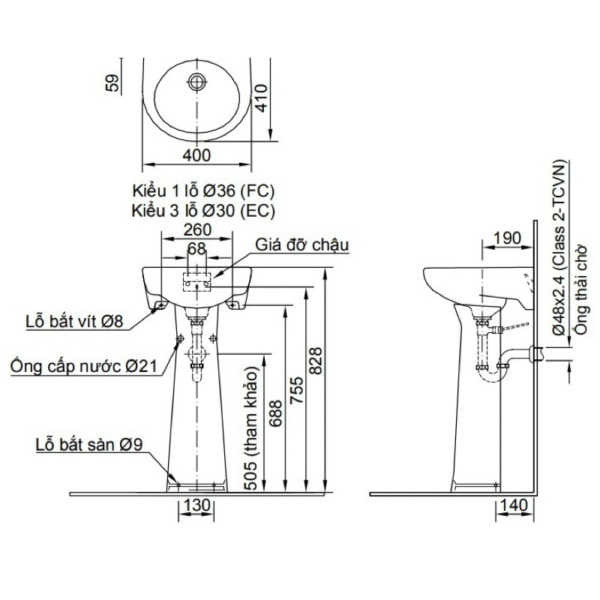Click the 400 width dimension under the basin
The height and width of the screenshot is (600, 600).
pyautogui.click(x=196, y=155)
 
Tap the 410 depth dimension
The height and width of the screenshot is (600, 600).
pyautogui.click(x=261, y=98)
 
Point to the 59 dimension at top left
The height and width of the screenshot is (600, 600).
pyautogui.click(x=112, y=83)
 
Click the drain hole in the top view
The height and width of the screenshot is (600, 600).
pyautogui.click(x=197, y=81)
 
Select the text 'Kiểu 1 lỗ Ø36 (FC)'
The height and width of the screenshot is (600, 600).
pyautogui.click(x=203, y=190)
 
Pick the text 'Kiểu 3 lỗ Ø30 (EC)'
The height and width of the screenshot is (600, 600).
pyautogui.click(x=203, y=211)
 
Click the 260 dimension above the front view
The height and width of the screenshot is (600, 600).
pyautogui.click(x=197, y=229)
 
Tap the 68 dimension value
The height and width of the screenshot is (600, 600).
pyautogui.click(x=196, y=249)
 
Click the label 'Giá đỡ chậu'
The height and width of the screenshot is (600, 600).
pyautogui.click(x=302, y=245)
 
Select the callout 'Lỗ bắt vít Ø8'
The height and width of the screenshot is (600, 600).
pyautogui.click(x=74, y=321)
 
